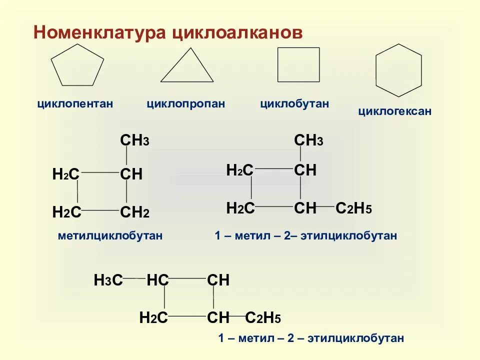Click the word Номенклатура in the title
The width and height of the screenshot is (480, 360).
coord(100,32)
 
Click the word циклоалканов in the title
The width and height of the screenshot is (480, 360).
coord(237,32)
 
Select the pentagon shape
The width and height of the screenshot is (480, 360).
coord(77,65)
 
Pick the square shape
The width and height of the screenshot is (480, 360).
coord(298,64)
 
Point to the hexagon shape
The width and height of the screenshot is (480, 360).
coord(398,70)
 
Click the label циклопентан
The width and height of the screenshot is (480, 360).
coord(75,104)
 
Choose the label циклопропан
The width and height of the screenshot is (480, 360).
coord(185,104)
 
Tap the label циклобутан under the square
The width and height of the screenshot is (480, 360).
coord(294,104)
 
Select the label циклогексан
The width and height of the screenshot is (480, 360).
coord(394,111)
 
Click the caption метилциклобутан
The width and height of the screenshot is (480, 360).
coord(110,235)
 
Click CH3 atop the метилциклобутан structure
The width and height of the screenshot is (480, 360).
coord(134,141)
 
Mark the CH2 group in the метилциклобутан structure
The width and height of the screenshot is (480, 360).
coord(134,212)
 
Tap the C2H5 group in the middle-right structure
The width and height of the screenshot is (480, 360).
coord(353,208)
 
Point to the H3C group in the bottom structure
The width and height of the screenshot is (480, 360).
coord(108,280)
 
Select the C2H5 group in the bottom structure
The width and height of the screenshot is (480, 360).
coord(263,317)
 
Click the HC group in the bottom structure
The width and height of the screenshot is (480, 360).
coord(157,280)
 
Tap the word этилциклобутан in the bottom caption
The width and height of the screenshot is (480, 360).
coord(355,338)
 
